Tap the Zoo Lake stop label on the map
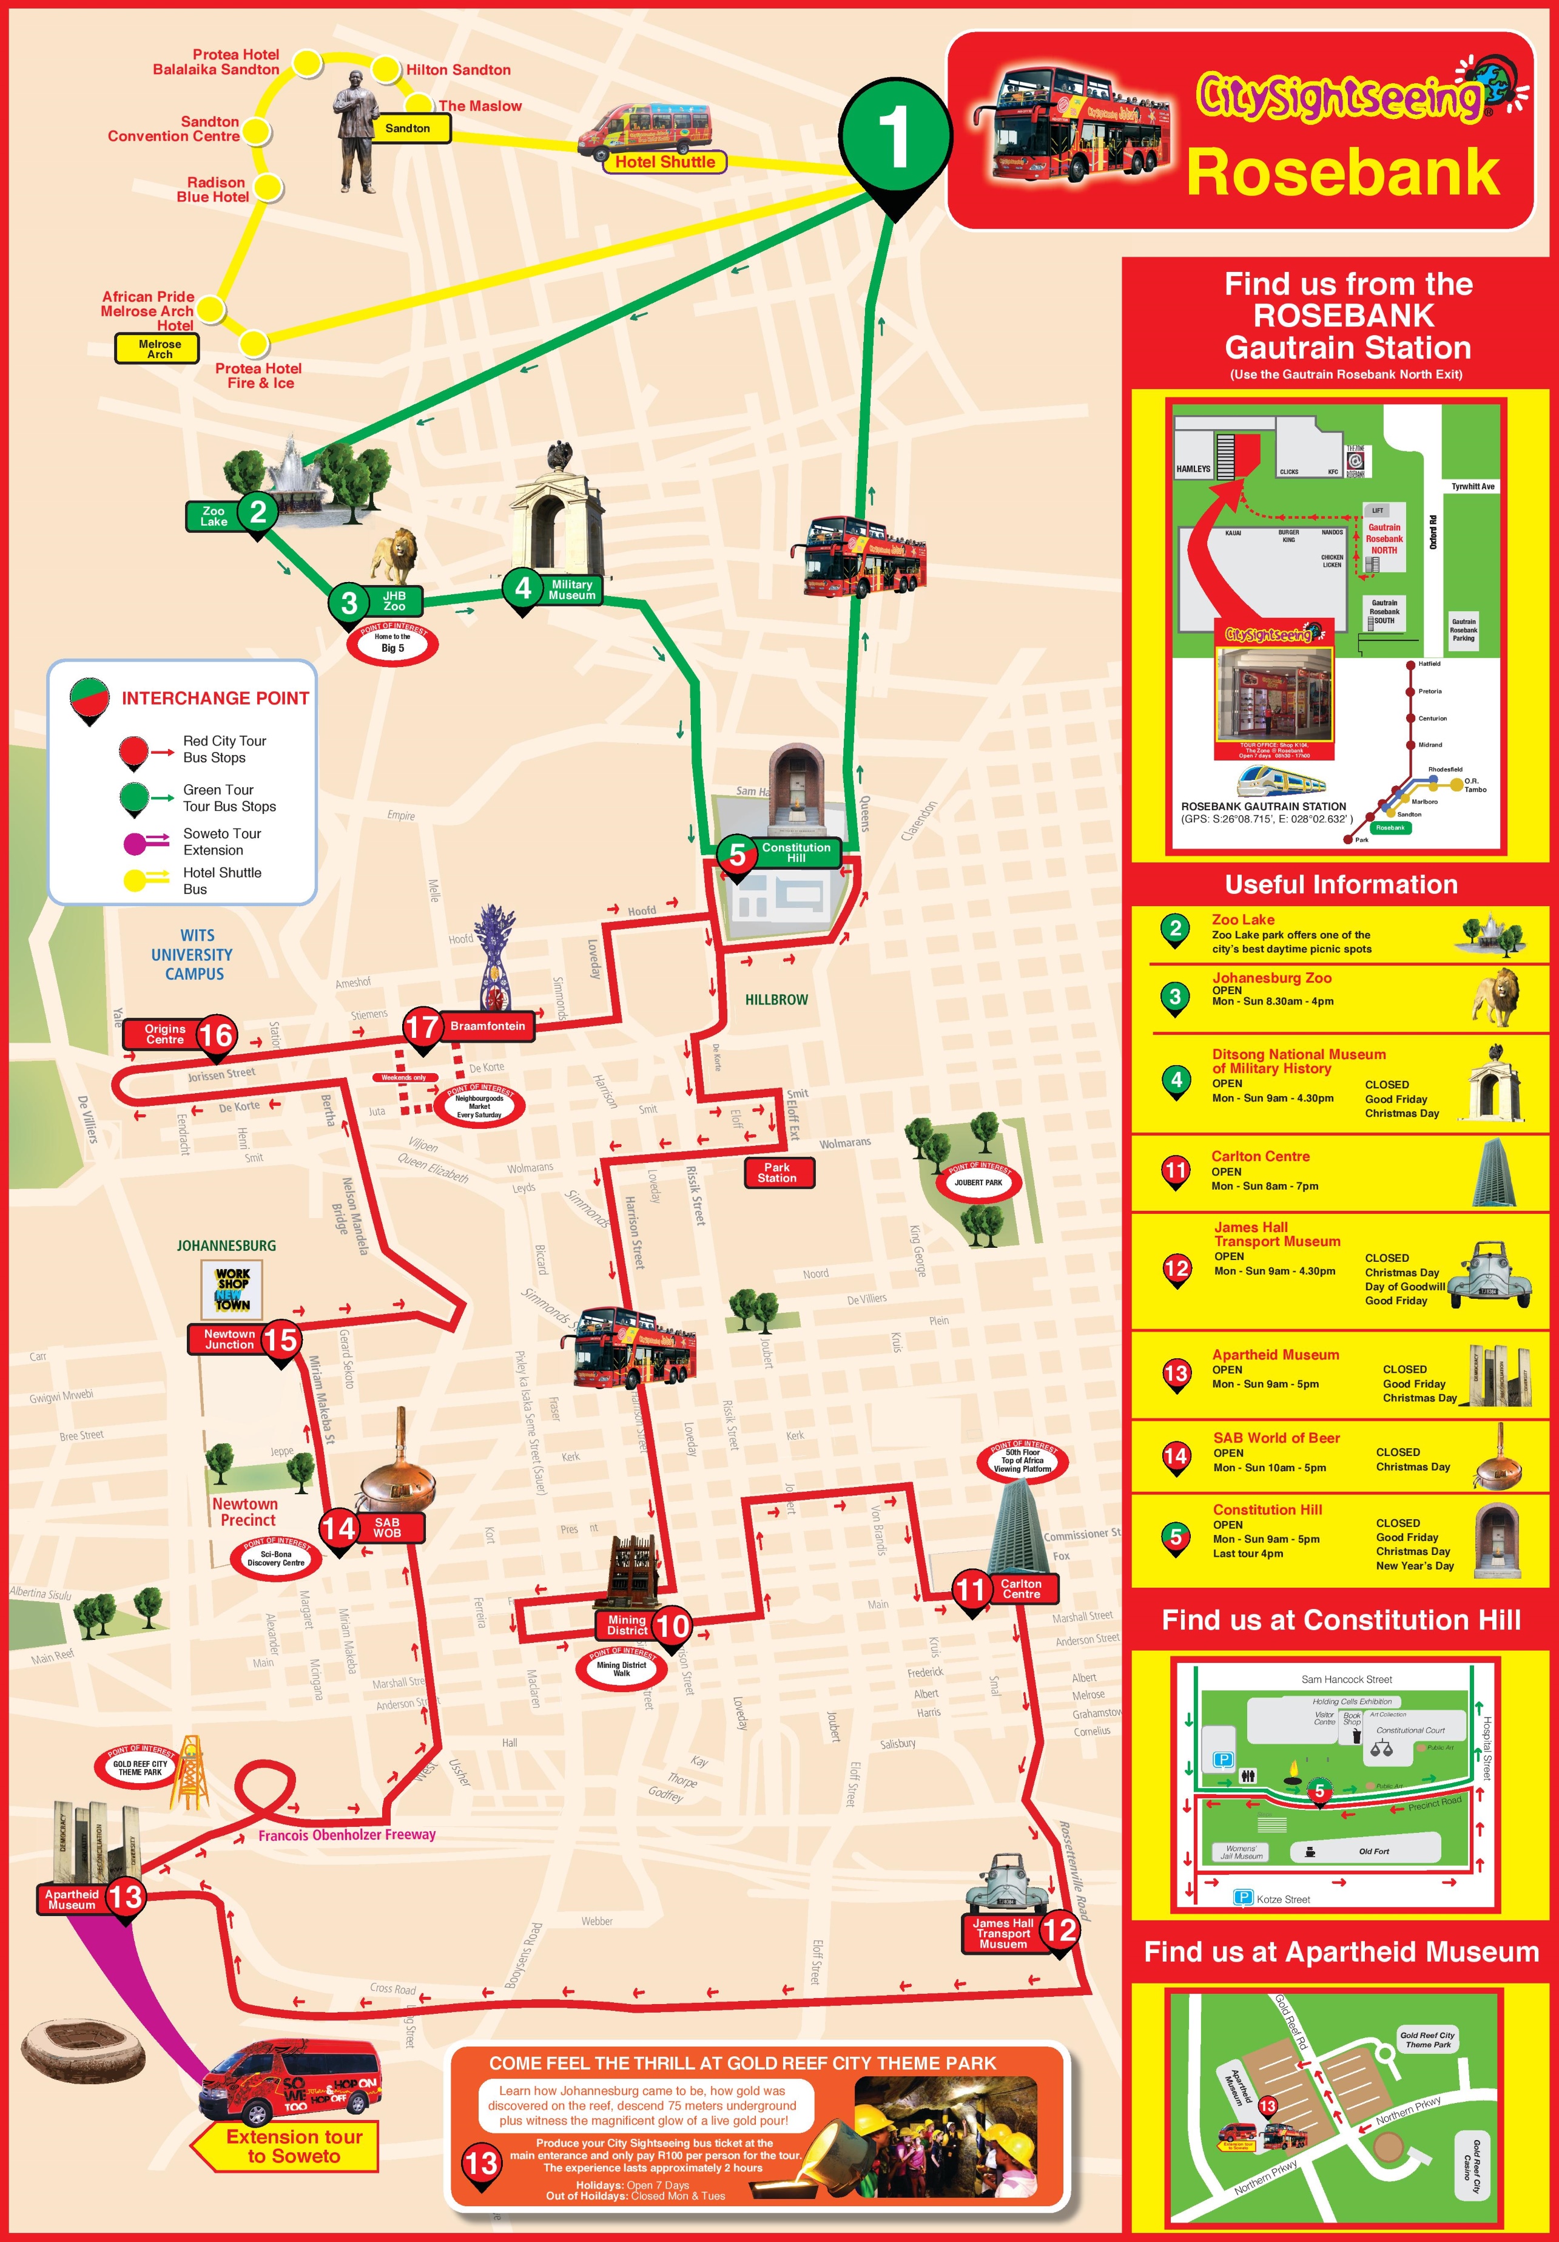(214, 516)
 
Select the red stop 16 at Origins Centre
(216, 1035)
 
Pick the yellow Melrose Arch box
(159, 348)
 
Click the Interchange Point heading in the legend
(215, 698)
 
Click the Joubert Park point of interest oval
(978, 1182)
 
